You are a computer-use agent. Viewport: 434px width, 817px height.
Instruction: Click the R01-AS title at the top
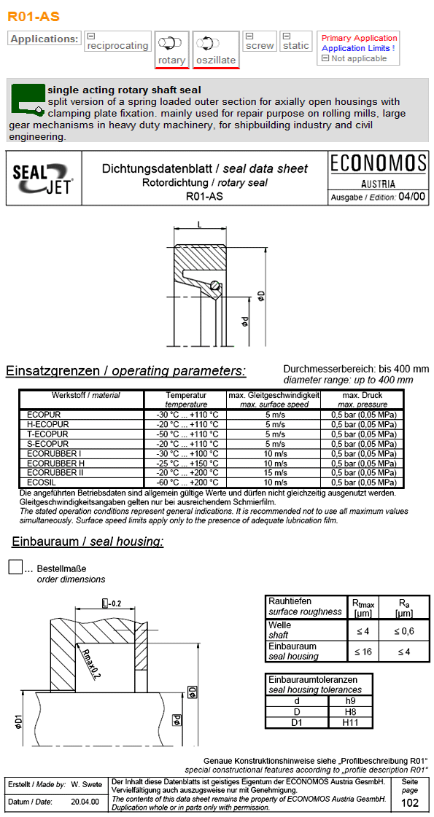pos(34,15)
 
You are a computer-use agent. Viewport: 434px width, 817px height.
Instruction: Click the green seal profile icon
pos(27,98)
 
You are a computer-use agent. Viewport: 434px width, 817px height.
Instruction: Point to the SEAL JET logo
pos(43,179)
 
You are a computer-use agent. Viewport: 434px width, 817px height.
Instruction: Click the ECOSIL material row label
pos(38,482)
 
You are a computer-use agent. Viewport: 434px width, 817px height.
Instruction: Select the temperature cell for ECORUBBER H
pos(186,463)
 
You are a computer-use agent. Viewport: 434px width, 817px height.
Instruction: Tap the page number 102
pos(410,803)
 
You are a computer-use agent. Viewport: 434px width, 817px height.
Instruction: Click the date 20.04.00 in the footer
pos(85,801)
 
